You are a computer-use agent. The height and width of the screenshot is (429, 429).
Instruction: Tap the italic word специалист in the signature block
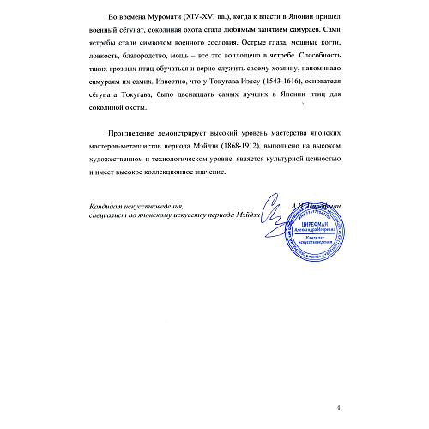pyautogui.click(x=107, y=219)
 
